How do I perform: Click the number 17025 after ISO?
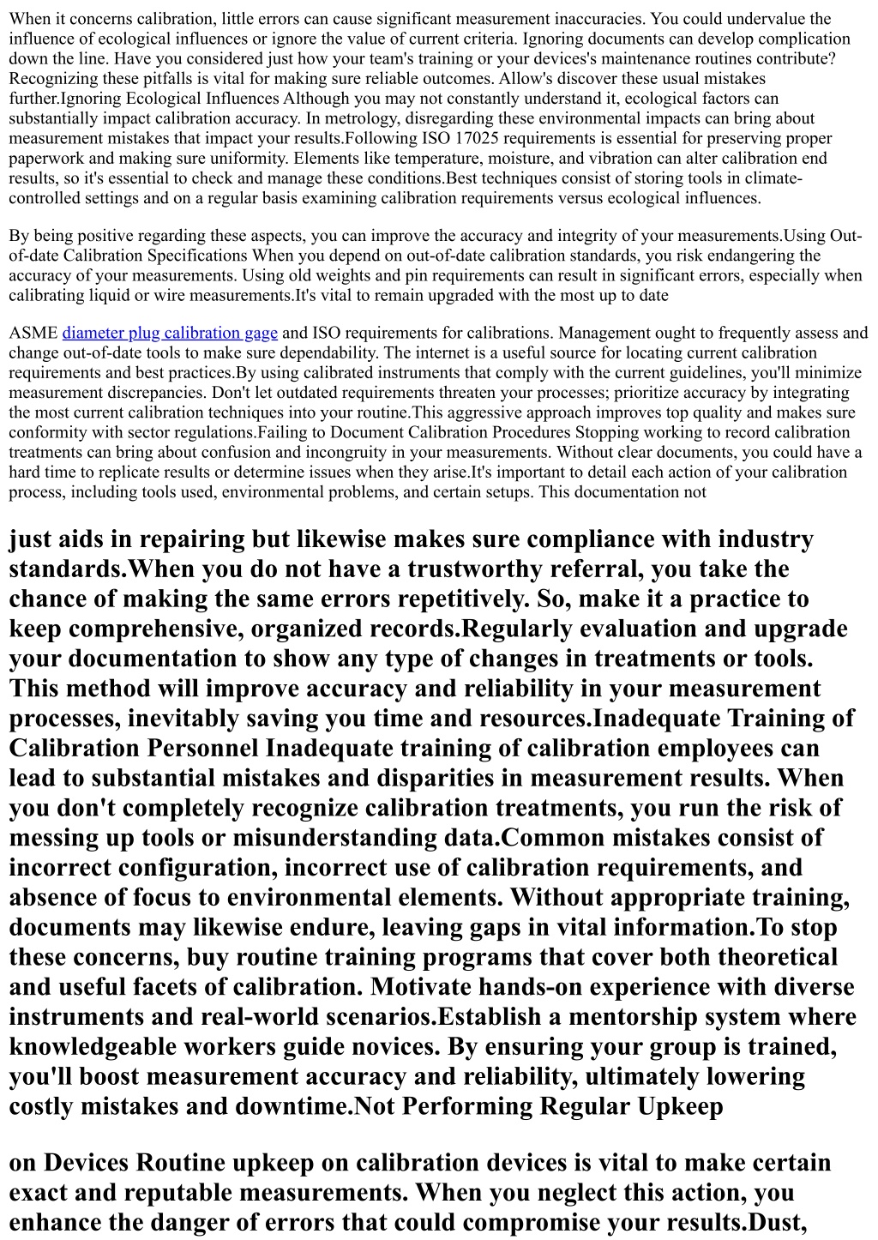474,138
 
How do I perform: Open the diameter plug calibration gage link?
170,333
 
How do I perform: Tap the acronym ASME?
33,333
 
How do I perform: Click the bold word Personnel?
202,749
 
